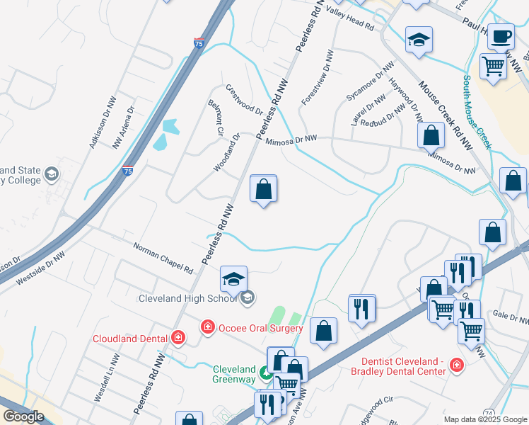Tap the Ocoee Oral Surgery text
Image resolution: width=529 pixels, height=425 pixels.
[x=260, y=328]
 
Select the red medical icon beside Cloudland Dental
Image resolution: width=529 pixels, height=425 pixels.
[x=178, y=337]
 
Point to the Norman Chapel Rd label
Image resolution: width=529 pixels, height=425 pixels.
[x=163, y=259]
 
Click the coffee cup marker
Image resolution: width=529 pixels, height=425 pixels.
[x=501, y=37]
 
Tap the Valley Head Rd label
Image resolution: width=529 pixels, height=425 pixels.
[x=349, y=20]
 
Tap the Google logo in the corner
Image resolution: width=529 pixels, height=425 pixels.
[x=23, y=416]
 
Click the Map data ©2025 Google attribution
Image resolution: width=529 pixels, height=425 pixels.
[x=484, y=419]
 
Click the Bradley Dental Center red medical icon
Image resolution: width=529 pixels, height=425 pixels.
[x=457, y=367]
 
